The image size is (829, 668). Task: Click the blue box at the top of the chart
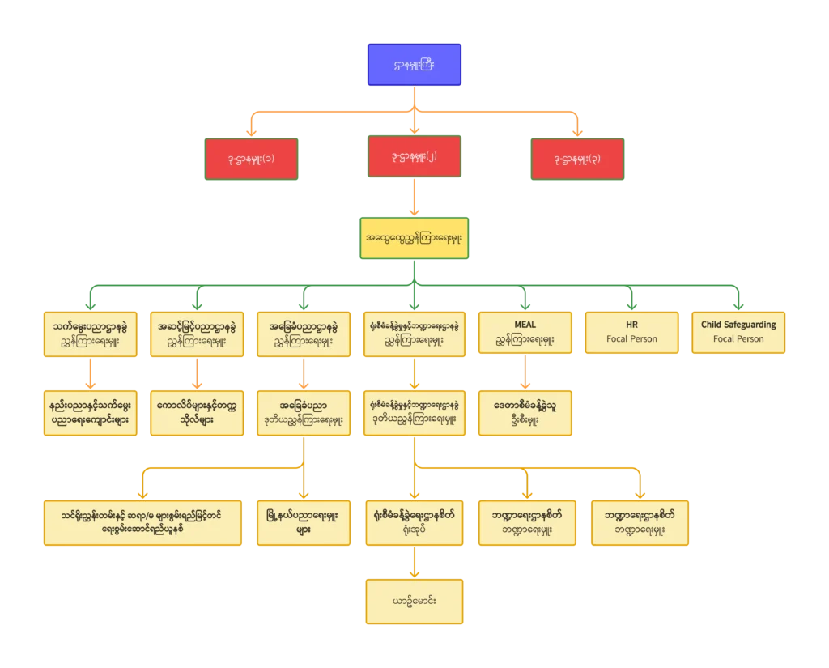click(414, 65)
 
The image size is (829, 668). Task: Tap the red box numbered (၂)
click(414, 156)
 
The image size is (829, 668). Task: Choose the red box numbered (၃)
click(575, 158)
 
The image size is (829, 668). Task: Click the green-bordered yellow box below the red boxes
click(414, 238)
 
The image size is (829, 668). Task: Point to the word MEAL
click(525, 325)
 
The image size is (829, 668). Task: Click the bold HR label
click(631, 325)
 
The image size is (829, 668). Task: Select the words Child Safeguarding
click(738, 325)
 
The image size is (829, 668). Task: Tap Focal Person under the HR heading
click(631, 339)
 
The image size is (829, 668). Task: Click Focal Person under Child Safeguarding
click(738, 339)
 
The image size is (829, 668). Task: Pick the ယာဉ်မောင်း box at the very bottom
click(414, 602)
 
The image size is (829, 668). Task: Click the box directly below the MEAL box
click(525, 414)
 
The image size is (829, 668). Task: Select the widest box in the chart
click(143, 522)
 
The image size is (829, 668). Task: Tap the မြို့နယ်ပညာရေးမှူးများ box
click(304, 522)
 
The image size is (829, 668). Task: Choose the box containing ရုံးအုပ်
click(414, 522)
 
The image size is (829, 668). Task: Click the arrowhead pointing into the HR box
click(631, 304)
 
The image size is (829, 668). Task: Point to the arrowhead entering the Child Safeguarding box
click(738, 304)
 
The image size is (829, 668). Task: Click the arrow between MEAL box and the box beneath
click(525, 373)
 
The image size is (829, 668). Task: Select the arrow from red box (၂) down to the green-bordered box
click(414, 198)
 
